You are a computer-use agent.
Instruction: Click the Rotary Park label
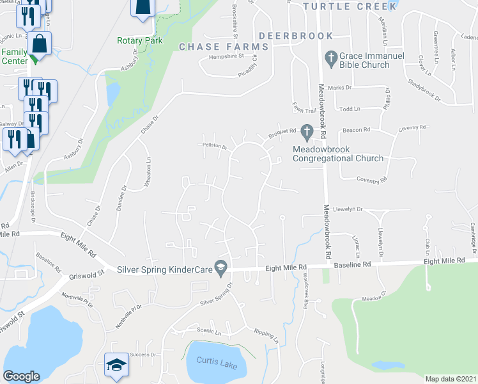pyautogui.click(x=140, y=40)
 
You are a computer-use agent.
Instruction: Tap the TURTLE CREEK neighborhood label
pyautogui.click(x=350, y=6)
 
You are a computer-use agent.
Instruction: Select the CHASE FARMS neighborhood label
pyautogui.click(x=224, y=47)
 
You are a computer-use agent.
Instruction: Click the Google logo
pyautogui.click(x=21, y=376)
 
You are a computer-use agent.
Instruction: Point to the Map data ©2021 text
pyautogui.click(x=450, y=379)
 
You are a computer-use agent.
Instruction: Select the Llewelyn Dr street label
pyautogui.click(x=347, y=209)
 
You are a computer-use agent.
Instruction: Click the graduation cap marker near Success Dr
pyautogui.click(x=116, y=365)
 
